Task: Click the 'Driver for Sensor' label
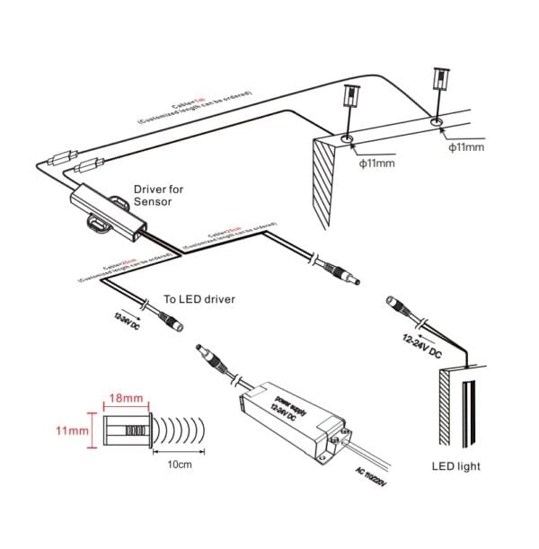tap(158, 196)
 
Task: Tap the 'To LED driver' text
tap(199, 298)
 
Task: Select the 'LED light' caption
tap(455, 466)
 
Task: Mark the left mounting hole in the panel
tap(348, 139)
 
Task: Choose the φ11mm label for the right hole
tap(466, 146)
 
